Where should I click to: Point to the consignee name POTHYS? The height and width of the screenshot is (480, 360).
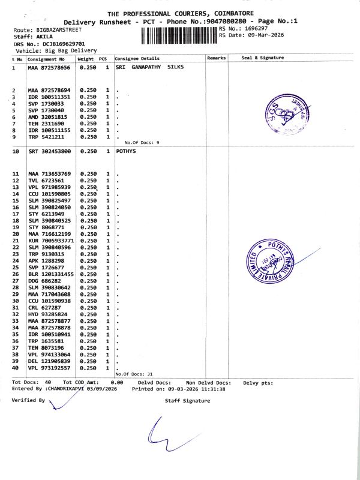click(126, 151)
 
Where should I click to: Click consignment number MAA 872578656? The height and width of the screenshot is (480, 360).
click(49, 68)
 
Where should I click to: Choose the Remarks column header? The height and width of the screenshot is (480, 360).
click(216, 58)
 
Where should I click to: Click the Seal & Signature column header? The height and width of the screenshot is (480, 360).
click(262, 58)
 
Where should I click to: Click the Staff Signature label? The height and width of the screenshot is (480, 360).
click(187, 401)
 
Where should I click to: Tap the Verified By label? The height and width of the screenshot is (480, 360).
click(28, 400)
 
